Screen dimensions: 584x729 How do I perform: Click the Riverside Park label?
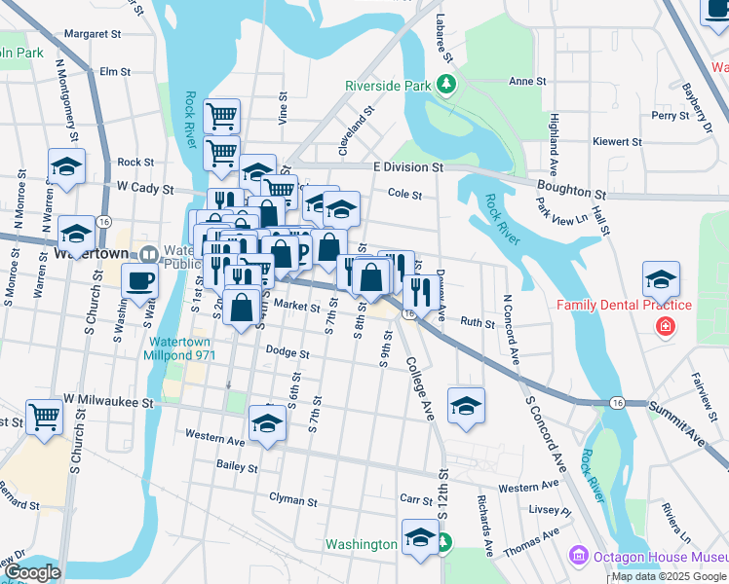[388, 86]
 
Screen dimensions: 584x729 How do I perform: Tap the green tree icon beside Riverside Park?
[446, 86]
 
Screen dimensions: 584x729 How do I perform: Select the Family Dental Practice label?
[624, 305]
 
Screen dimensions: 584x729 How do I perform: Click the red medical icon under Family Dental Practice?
[665, 325]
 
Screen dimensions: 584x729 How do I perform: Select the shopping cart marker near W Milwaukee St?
[45, 417]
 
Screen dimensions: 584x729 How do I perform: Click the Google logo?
[32, 572]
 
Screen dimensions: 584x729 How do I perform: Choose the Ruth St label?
[478, 321]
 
